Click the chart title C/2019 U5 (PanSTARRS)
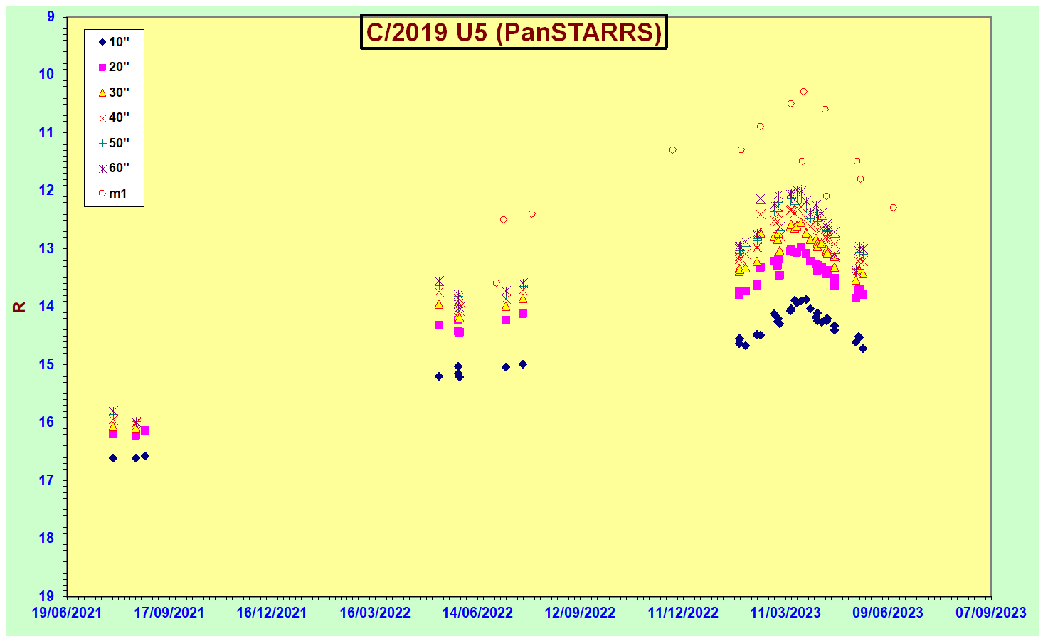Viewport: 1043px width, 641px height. pyautogui.click(x=514, y=31)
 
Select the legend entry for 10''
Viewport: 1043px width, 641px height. pyautogui.click(x=114, y=42)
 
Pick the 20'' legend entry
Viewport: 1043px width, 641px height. pyautogui.click(x=114, y=67)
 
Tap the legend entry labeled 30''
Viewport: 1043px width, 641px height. pyautogui.click(x=114, y=92)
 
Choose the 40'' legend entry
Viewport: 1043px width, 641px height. pyautogui.click(x=114, y=117)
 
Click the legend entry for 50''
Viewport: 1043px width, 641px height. pyautogui.click(x=114, y=142)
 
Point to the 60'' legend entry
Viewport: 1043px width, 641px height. pyautogui.click(x=114, y=168)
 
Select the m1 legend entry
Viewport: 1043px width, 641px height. pyautogui.click(x=112, y=194)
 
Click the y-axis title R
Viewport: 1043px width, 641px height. pyautogui.click(x=19, y=307)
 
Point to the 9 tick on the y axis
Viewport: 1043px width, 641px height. pyautogui.click(x=51, y=16)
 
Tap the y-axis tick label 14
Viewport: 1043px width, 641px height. pyautogui.click(x=46, y=306)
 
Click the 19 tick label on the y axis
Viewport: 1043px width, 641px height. pyautogui.click(x=46, y=596)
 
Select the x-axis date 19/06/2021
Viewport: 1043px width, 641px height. pyautogui.click(x=67, y=613)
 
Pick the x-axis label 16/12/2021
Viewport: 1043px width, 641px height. pyautogui.click(x=272, y=613)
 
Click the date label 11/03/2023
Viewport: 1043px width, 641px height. pyautogui.click(x=785, y=613)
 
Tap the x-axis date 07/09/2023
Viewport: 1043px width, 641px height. pyautogui.click(x=991, y=613)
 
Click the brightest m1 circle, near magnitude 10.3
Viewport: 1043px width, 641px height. pyautogui.click(x=804, y=92)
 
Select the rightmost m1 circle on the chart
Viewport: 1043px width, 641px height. pyautogui.click(x=893, y=208)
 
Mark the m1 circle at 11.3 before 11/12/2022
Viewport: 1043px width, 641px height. pyautogui.click(x=673, y=150)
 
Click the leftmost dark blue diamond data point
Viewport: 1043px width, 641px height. pyautogui.click(x=113, y=458)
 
